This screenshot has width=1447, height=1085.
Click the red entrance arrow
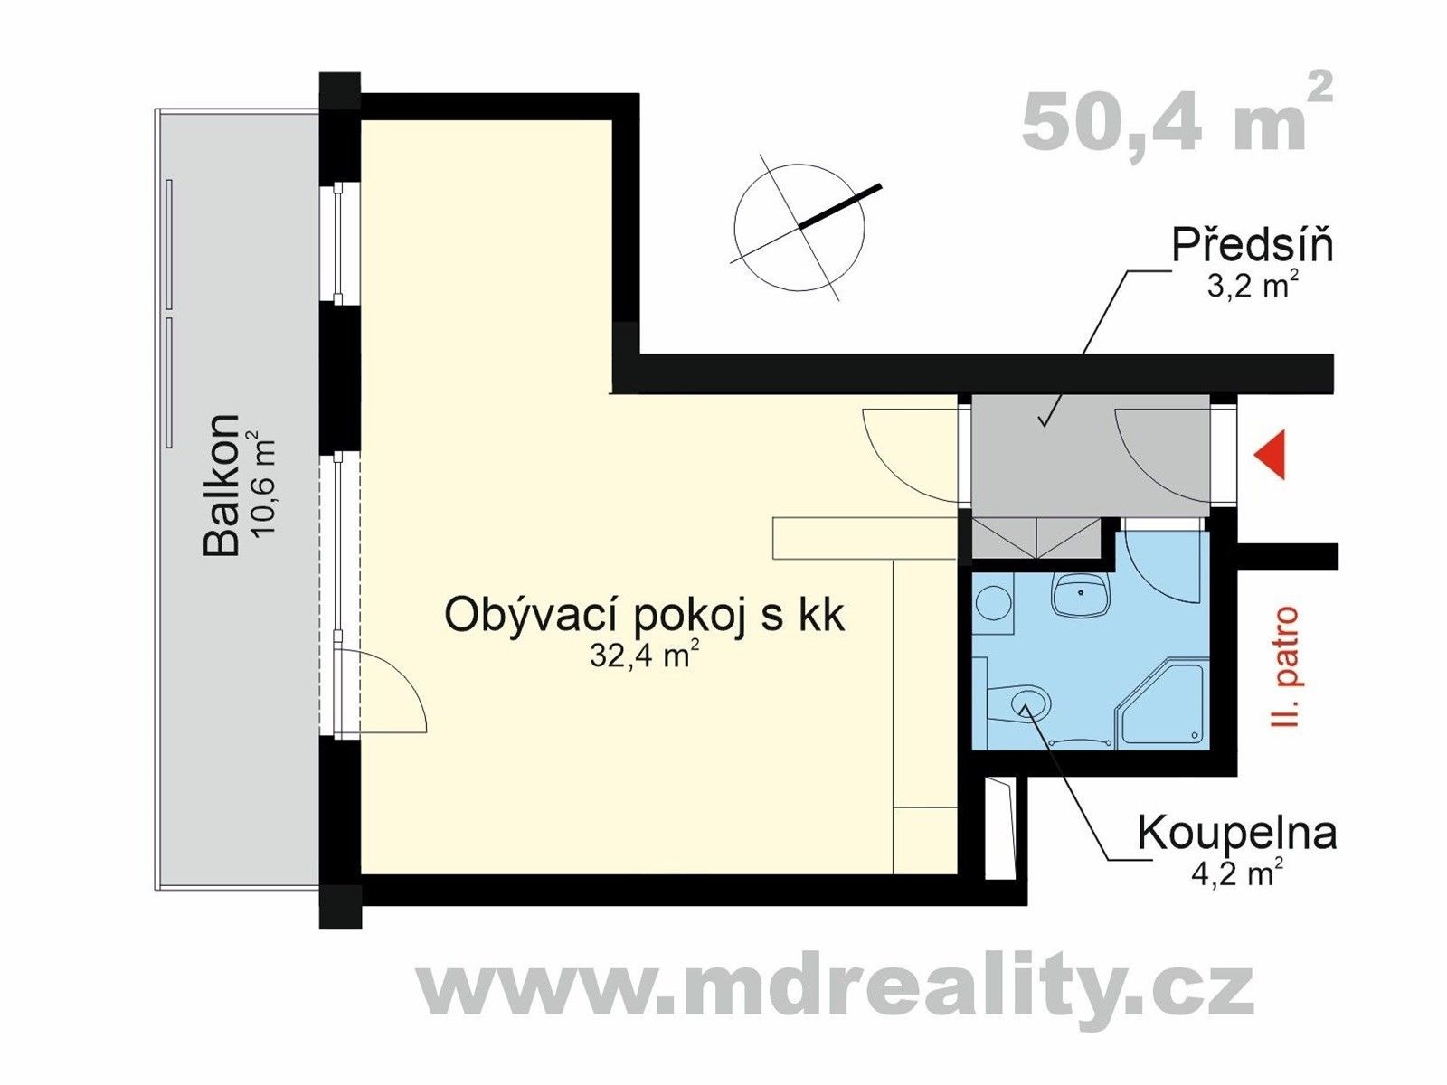click(x=1270, y=455)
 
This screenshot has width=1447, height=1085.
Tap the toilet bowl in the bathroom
click(x=1029, y=701)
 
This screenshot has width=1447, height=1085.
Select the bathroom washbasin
click(x=1081, y=595)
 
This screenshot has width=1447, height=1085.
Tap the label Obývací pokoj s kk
click(x=644, y=616)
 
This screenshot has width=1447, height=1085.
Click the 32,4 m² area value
click(x=644, y=655)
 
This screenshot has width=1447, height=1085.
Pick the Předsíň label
click(x=1253, y=246)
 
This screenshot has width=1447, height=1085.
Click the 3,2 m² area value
click(x=1253, y=286)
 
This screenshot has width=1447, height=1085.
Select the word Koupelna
click(x=1236, y=833)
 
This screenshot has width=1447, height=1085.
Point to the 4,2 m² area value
click(x=1236, y=873)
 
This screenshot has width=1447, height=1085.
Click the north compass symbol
click(x=799, y=227)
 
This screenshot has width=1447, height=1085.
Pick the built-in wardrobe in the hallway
click(x=1038, y=540)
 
